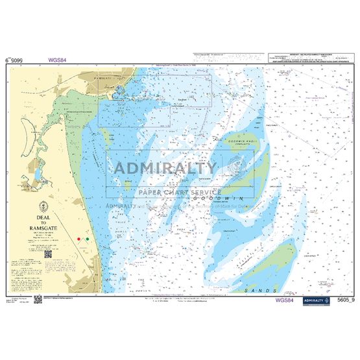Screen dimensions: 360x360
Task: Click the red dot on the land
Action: coord(79,239)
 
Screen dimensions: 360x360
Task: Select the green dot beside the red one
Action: coord(87,240)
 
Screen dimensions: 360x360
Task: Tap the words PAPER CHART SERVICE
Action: coord(179,192)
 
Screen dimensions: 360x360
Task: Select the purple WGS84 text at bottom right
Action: coord(286,282)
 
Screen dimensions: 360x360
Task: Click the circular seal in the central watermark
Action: coord(237,168)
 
